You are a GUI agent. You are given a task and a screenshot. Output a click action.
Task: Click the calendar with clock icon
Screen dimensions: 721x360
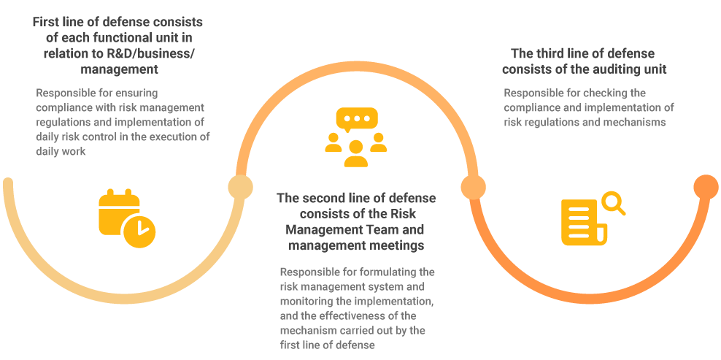(126, 218)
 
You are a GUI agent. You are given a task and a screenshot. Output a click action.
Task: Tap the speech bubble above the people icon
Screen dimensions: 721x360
(357, 120)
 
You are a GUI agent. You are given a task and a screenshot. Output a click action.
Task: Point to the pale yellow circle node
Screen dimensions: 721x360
(241, 188)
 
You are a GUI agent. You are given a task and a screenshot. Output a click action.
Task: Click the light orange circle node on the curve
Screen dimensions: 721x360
(474, 188)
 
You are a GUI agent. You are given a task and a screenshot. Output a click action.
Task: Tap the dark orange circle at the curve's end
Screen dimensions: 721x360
(706, 188)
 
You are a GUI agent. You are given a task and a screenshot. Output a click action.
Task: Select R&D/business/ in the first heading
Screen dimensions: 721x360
(149, 53)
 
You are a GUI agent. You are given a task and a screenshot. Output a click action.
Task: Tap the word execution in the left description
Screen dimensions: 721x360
(175, 137)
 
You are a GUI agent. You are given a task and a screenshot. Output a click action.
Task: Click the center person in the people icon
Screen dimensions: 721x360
(356, 154)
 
